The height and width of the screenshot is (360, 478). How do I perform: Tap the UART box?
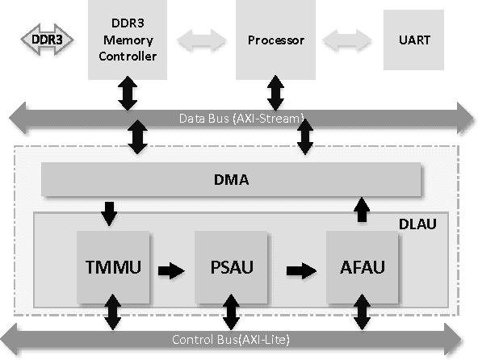pyautogui.click(x=413, y=39)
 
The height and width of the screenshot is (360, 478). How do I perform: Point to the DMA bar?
pyautogui.click(x=231, y=179)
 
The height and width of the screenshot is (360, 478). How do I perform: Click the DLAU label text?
pyautogui.click(x=417, y=223)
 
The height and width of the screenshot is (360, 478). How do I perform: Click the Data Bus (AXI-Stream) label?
pyautogui.click(x=241, y=119)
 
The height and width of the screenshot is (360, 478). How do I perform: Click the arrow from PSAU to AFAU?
pyautogui.click(x=300, y=270)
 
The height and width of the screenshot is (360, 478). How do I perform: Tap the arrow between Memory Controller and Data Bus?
pyautogui.click(x=127, y=94)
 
